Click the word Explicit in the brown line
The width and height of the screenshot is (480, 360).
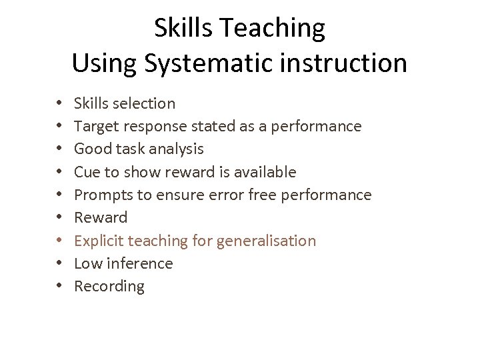[x=99, y=241]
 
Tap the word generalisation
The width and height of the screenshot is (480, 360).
[x=265, y=241]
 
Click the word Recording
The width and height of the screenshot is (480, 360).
[x=109, y=287]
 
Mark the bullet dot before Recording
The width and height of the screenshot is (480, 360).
[x=59, y=287]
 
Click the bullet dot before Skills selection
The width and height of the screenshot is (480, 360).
[x=59, y=103]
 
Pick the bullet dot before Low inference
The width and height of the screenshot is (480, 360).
[x=59, y=263]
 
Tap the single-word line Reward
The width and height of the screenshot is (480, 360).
[x=100, y=217]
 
